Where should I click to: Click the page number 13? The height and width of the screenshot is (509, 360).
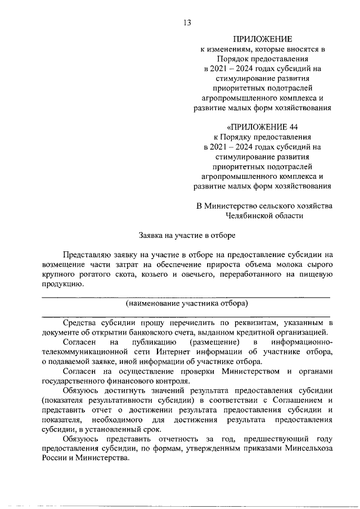pos(187,22)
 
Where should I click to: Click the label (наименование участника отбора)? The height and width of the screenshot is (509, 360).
pos(187,304)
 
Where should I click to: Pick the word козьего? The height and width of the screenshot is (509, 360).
pos(174,274)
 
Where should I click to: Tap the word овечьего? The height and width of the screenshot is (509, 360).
pos(219,274)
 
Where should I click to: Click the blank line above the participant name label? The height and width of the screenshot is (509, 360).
pos(186,296)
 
